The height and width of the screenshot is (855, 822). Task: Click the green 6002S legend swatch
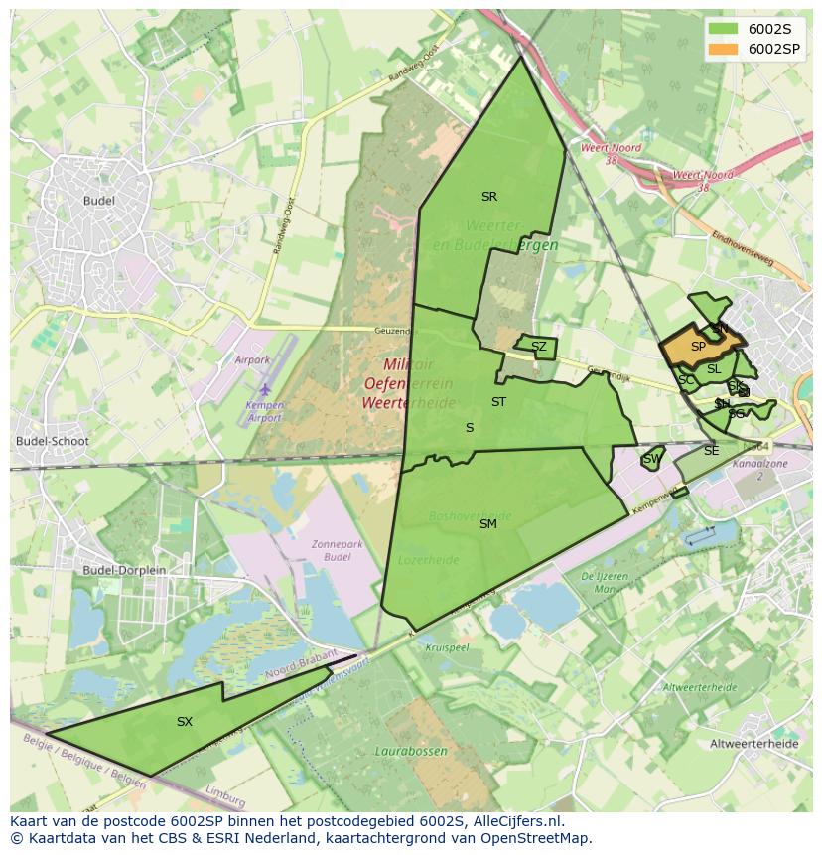point(725,29)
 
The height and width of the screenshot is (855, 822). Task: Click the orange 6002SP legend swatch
point(725,49)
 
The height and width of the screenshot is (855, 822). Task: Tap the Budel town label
point(99,201)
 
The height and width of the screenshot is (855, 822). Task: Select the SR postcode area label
point(488,197)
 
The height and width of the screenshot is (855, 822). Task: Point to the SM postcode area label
point(487,523)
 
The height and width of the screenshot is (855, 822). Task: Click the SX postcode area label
point(184,722)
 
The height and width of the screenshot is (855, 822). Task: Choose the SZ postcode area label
point(538,347)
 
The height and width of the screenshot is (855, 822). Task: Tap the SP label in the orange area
point(698,347)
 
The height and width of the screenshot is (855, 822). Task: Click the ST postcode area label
point(498,402)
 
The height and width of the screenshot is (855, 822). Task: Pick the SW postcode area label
point(651,459)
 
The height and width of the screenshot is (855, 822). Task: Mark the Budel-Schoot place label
point(53,442)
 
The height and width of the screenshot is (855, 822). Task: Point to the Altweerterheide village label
point(754,743)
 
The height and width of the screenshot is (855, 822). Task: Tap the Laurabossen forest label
point(411,752)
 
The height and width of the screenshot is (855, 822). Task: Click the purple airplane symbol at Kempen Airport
point(265,389)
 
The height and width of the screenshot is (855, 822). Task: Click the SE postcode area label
point(711,451)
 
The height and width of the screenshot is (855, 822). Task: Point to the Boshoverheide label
point(471,516)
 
